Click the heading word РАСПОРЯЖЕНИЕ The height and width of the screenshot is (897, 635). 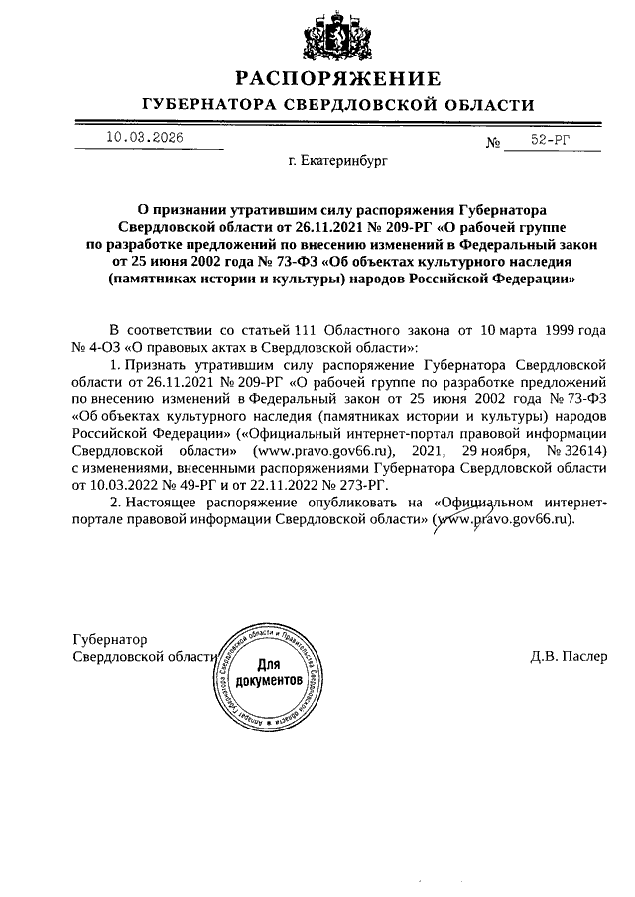coord(336,78)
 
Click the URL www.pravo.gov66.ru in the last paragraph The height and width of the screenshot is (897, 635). coord(506,519)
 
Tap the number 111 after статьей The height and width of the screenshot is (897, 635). coord(310,328)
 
